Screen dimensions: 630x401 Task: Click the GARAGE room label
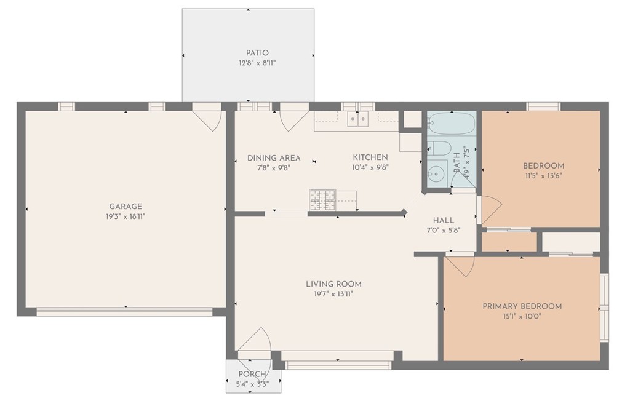pos(126,207)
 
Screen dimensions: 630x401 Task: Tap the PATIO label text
pos(257,53)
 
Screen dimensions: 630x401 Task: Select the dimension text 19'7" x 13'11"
pos(333,294)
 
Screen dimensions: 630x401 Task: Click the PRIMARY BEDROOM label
pos(522,306)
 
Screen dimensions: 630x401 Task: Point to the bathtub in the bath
pos(452,124)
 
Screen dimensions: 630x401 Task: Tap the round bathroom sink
pos(435,174)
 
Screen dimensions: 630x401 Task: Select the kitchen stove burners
pos(322,200)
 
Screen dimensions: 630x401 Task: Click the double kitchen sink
pos(358,119)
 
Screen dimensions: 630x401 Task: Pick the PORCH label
pos(252,374)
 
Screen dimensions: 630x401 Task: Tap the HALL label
pos(444,220)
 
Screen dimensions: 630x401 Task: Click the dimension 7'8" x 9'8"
pos(274,168)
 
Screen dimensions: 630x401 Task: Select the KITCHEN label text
pos(370,157)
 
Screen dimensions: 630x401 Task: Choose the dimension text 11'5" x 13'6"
pos(543,175)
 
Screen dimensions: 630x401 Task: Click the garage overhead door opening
pos(124,312)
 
